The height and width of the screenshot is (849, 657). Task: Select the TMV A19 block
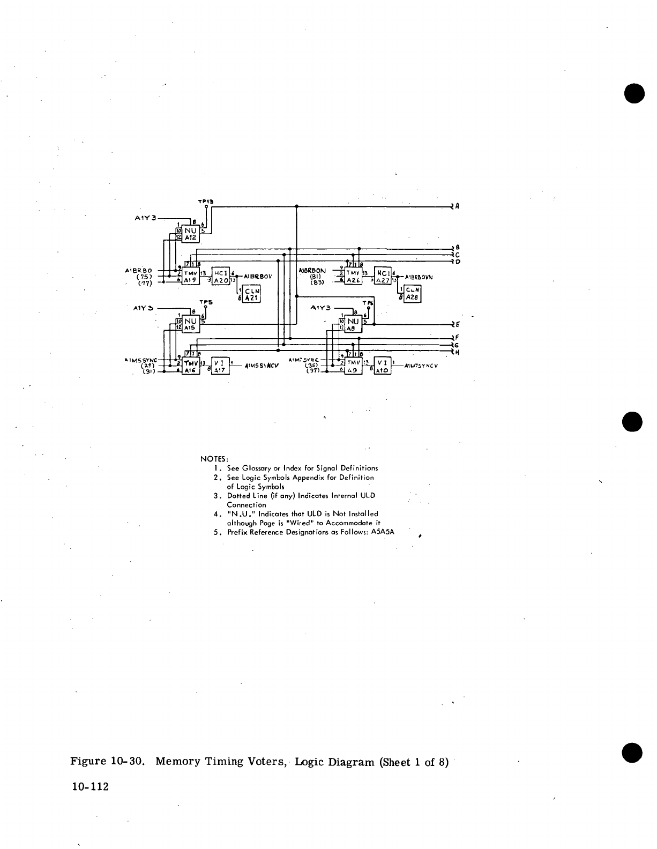click(191, 276)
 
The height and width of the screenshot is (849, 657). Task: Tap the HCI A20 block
click(221, 276)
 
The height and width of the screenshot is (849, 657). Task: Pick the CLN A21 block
click(251, 295)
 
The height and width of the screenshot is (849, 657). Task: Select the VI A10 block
click(382, 366)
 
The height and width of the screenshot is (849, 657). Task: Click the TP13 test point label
click(205, 202)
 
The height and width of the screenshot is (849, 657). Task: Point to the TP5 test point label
click(206, 302)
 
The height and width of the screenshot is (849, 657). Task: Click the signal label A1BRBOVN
click(419, 277)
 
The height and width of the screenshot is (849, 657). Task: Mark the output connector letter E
click(457, 324)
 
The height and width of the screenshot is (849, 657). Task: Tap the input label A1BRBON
click(311, 271)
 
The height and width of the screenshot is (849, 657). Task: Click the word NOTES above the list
click(214, 459)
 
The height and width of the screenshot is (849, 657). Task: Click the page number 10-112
click(89, 787)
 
